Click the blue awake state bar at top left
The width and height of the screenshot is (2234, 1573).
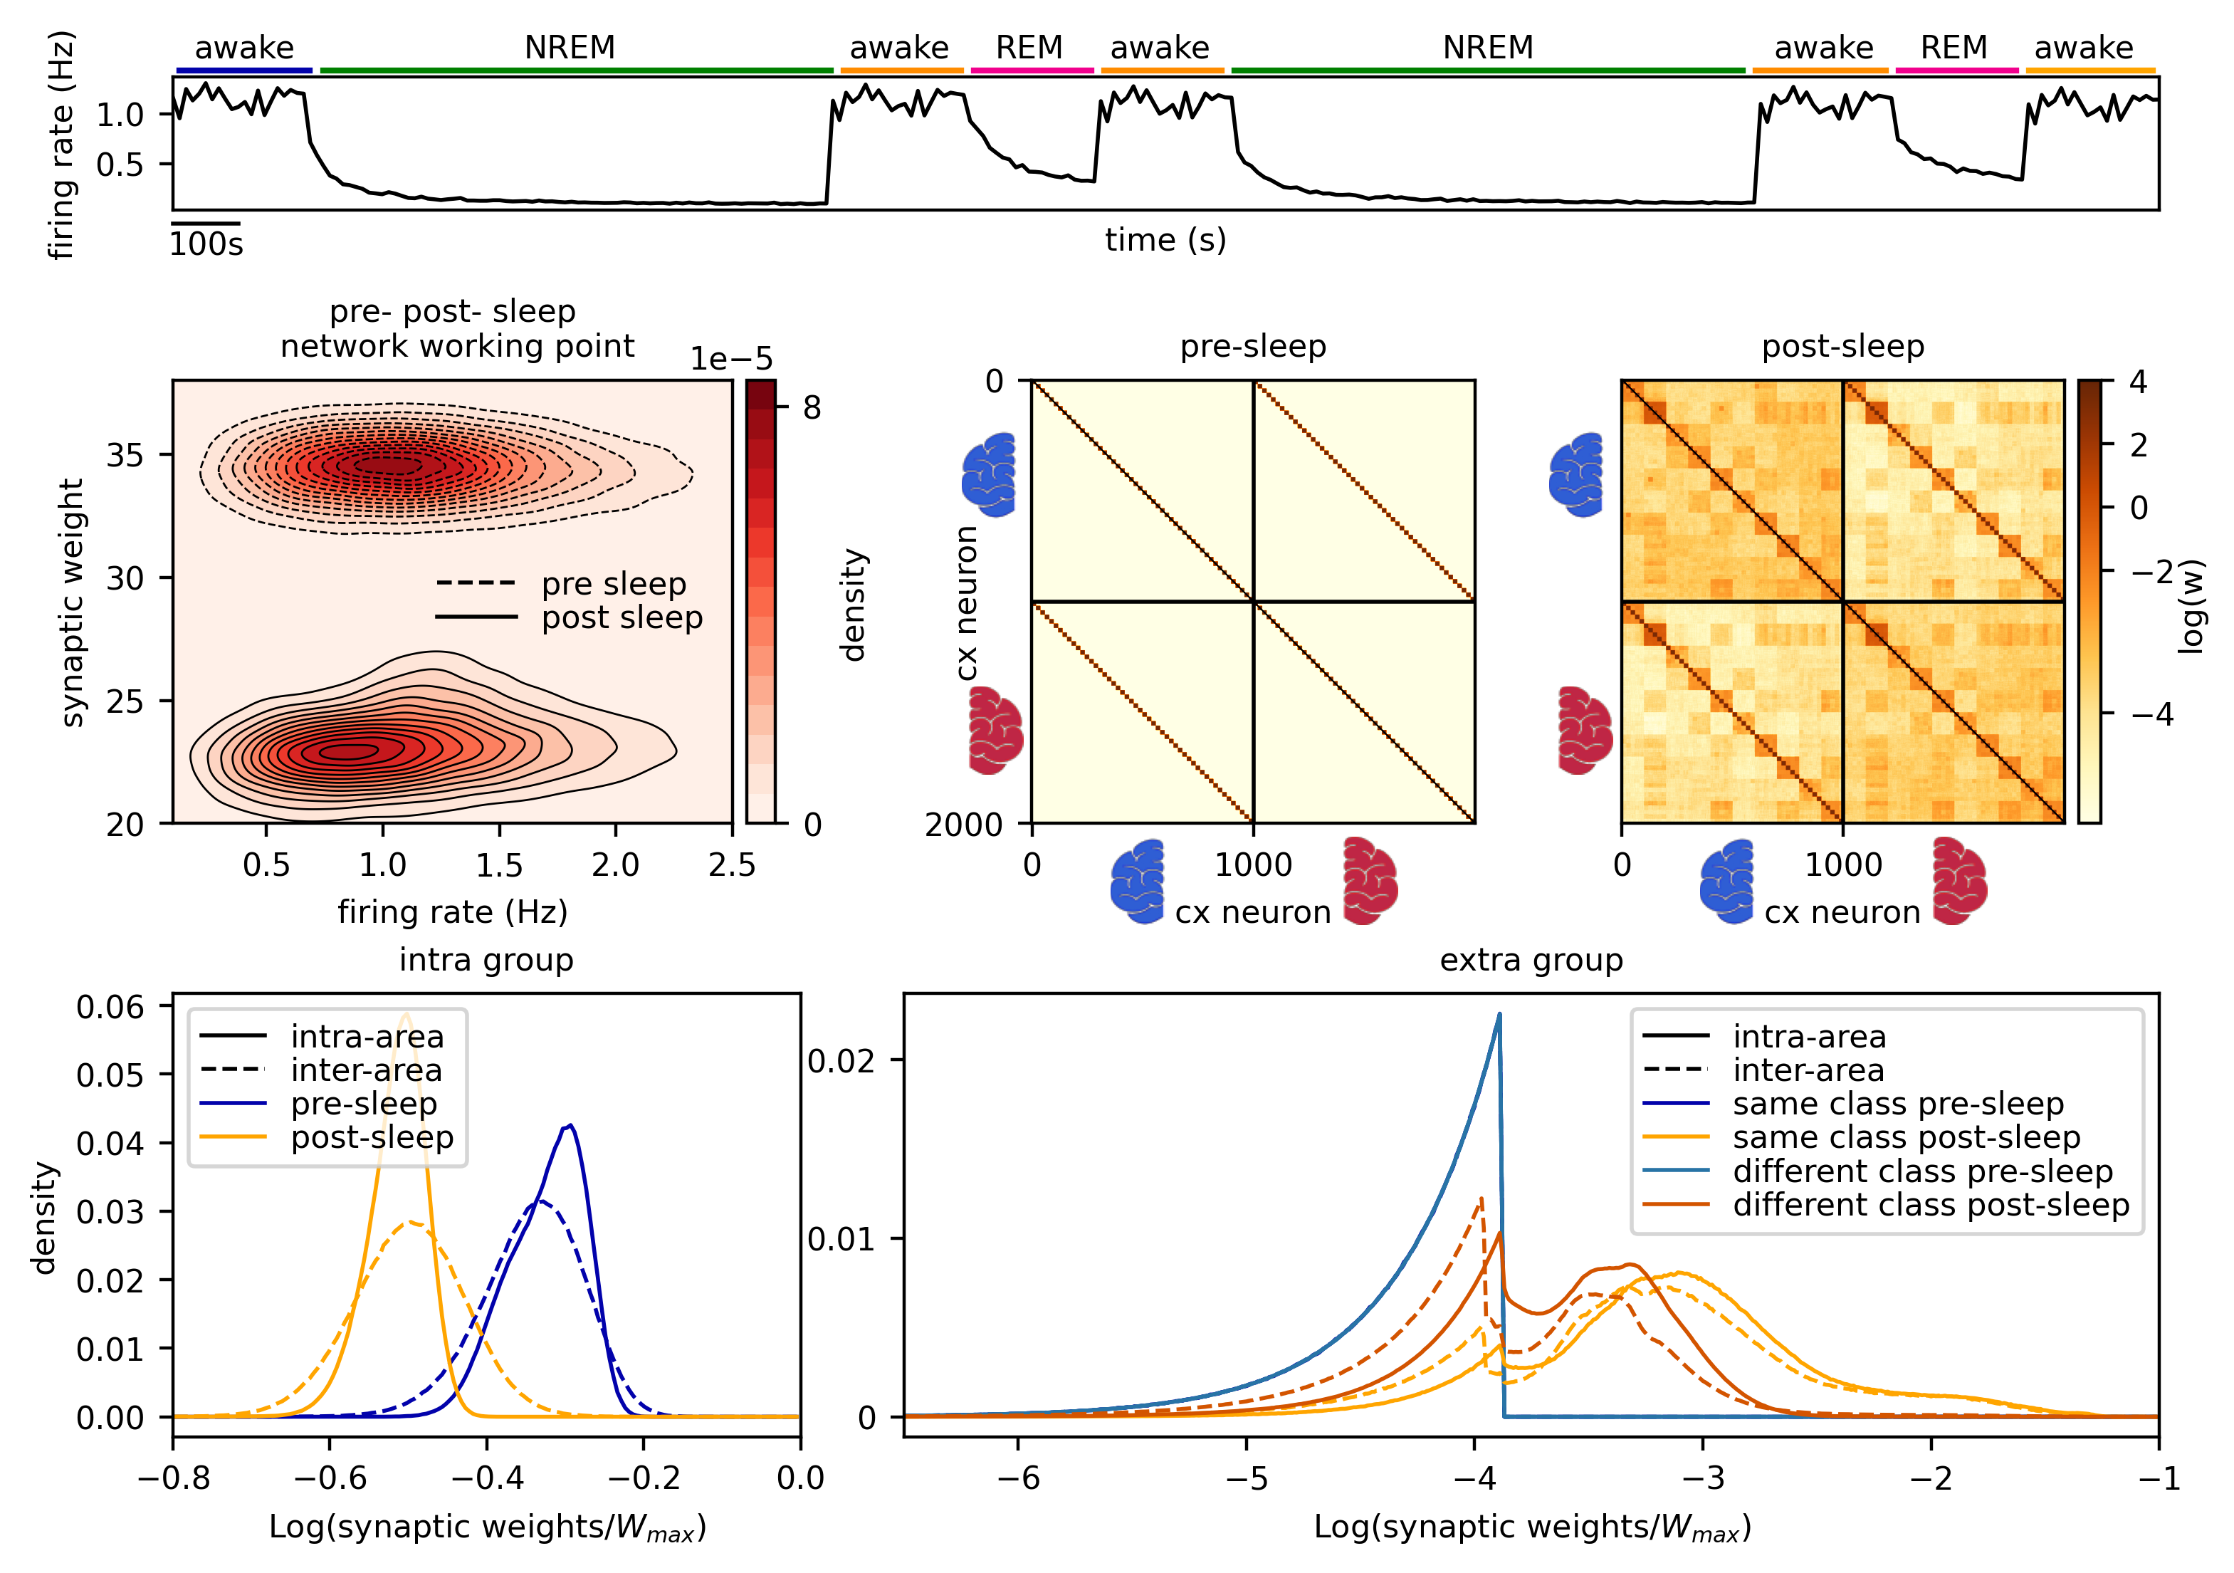coord(244,70)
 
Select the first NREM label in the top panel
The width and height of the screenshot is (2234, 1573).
coord(570,48)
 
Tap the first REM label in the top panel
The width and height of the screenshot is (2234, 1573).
coord(1029,48)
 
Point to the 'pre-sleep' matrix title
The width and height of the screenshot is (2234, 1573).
coord(1252,347)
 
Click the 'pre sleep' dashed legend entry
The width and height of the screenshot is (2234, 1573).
coord(613,584)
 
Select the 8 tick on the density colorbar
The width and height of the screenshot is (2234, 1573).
coord(812,408)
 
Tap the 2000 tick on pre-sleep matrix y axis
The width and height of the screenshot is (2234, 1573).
coord(963,825)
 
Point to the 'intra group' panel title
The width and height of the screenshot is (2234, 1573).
coord(486,960)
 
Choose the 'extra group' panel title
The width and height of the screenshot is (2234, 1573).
coord(1531,960)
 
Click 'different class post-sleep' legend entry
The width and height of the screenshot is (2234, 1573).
coord(1931,1205)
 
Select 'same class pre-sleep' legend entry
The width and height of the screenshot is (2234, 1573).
coord(1897,1104)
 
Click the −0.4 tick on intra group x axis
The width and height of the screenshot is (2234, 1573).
coord(486,1478)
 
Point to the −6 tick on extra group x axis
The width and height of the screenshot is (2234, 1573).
coord(1018,1478)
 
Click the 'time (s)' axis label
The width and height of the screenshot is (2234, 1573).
coord(1165,239)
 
